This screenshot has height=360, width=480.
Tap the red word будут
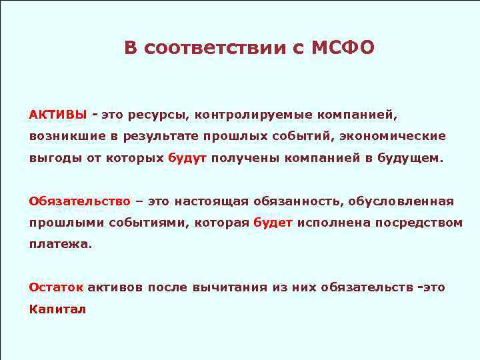point(187,159)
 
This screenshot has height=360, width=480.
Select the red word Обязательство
point(79,201)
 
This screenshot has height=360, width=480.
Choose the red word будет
point(273,223)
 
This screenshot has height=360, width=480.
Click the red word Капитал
point(57,309)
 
